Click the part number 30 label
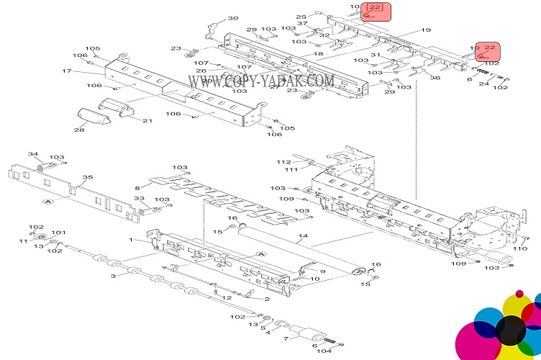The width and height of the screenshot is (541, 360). [233, 18]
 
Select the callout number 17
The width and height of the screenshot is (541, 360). [67, 71]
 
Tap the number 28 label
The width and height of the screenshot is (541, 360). [79, 130]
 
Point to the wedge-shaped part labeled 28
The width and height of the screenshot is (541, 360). [92, 116]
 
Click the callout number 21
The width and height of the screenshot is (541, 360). [147, 120]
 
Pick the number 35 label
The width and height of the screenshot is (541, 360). [88, 177]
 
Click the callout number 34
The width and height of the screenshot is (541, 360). [33, 154]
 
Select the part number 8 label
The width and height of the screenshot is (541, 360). [137, 189]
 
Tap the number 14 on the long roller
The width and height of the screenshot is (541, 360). [303, 235]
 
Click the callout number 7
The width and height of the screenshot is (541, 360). [286, 338]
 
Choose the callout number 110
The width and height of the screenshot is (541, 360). [519, 248]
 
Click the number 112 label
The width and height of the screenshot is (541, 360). [283, 162]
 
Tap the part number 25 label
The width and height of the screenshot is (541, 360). [301, 17]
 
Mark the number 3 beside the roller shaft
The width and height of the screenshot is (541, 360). [113, 276]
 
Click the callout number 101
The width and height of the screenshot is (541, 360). [58, 233]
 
